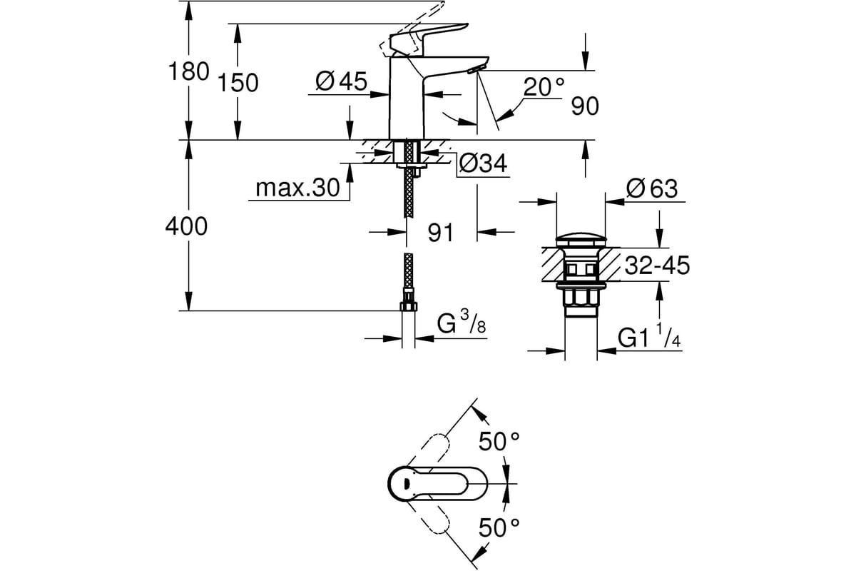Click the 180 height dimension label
188,71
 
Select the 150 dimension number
238,83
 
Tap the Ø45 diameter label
341,81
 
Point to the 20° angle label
544,87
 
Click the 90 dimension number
585,106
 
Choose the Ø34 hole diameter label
483,163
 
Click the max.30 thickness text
297,188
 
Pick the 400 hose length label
186,226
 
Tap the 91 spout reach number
440,232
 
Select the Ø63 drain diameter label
652,188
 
